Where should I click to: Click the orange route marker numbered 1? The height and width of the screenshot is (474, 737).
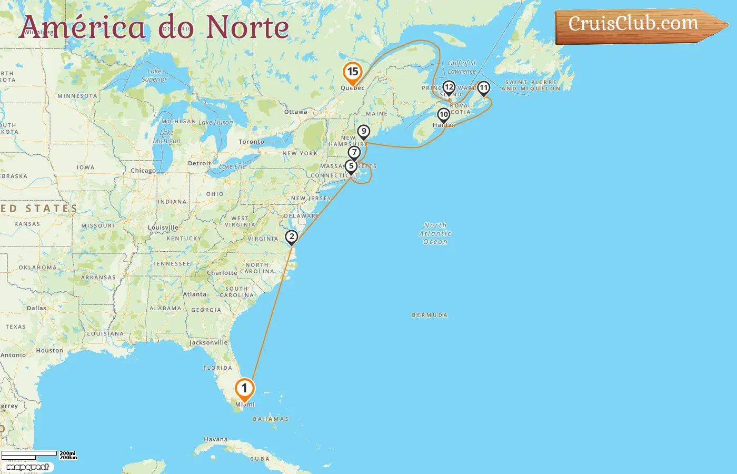coord(244,389)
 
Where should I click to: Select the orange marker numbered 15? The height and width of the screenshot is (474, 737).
coord(352,72)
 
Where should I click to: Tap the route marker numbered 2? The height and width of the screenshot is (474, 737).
coord(291,236)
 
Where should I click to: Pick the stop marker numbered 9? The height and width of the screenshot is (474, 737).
coord(363,131)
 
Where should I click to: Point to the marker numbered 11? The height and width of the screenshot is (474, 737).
coord(483,87)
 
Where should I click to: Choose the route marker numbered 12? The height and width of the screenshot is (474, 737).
coord(449,87)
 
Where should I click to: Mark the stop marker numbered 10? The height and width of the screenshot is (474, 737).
coord(444,114)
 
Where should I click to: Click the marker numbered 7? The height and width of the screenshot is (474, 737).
coord(354,153)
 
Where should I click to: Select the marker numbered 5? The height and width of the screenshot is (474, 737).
coord(351,166)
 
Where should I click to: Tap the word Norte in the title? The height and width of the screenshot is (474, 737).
coord(247,27)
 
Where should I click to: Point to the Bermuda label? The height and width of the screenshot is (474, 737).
coord(430,315)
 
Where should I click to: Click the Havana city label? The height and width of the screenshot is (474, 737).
coord(216,439)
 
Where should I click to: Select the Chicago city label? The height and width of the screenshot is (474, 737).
coord(143,171)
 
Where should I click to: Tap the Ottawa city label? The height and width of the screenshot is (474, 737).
coord(295,112)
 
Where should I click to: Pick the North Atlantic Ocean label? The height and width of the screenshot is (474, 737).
coord(435,233)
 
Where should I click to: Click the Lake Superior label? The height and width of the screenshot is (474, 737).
coord(154,75)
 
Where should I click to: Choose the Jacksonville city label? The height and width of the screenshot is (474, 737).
coord(208,342)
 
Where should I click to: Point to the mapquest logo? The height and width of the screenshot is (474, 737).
coord(28,467)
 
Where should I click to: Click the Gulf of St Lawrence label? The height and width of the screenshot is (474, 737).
coord(462,67)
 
